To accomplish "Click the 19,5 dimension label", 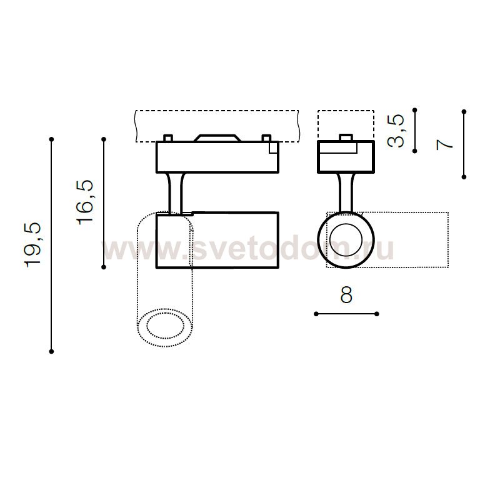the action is point(33,244).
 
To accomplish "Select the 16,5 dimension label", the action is point(85,202).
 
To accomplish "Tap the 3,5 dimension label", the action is point(396,131).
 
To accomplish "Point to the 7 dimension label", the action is point(444,144).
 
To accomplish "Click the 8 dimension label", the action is point(346,295).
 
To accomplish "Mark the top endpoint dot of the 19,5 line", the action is point(51,139).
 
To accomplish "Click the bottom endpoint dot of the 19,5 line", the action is point(51,351).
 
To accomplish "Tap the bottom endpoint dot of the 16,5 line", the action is point(104,267).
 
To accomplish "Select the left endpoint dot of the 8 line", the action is point(316,314).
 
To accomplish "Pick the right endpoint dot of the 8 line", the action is point(377,314).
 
